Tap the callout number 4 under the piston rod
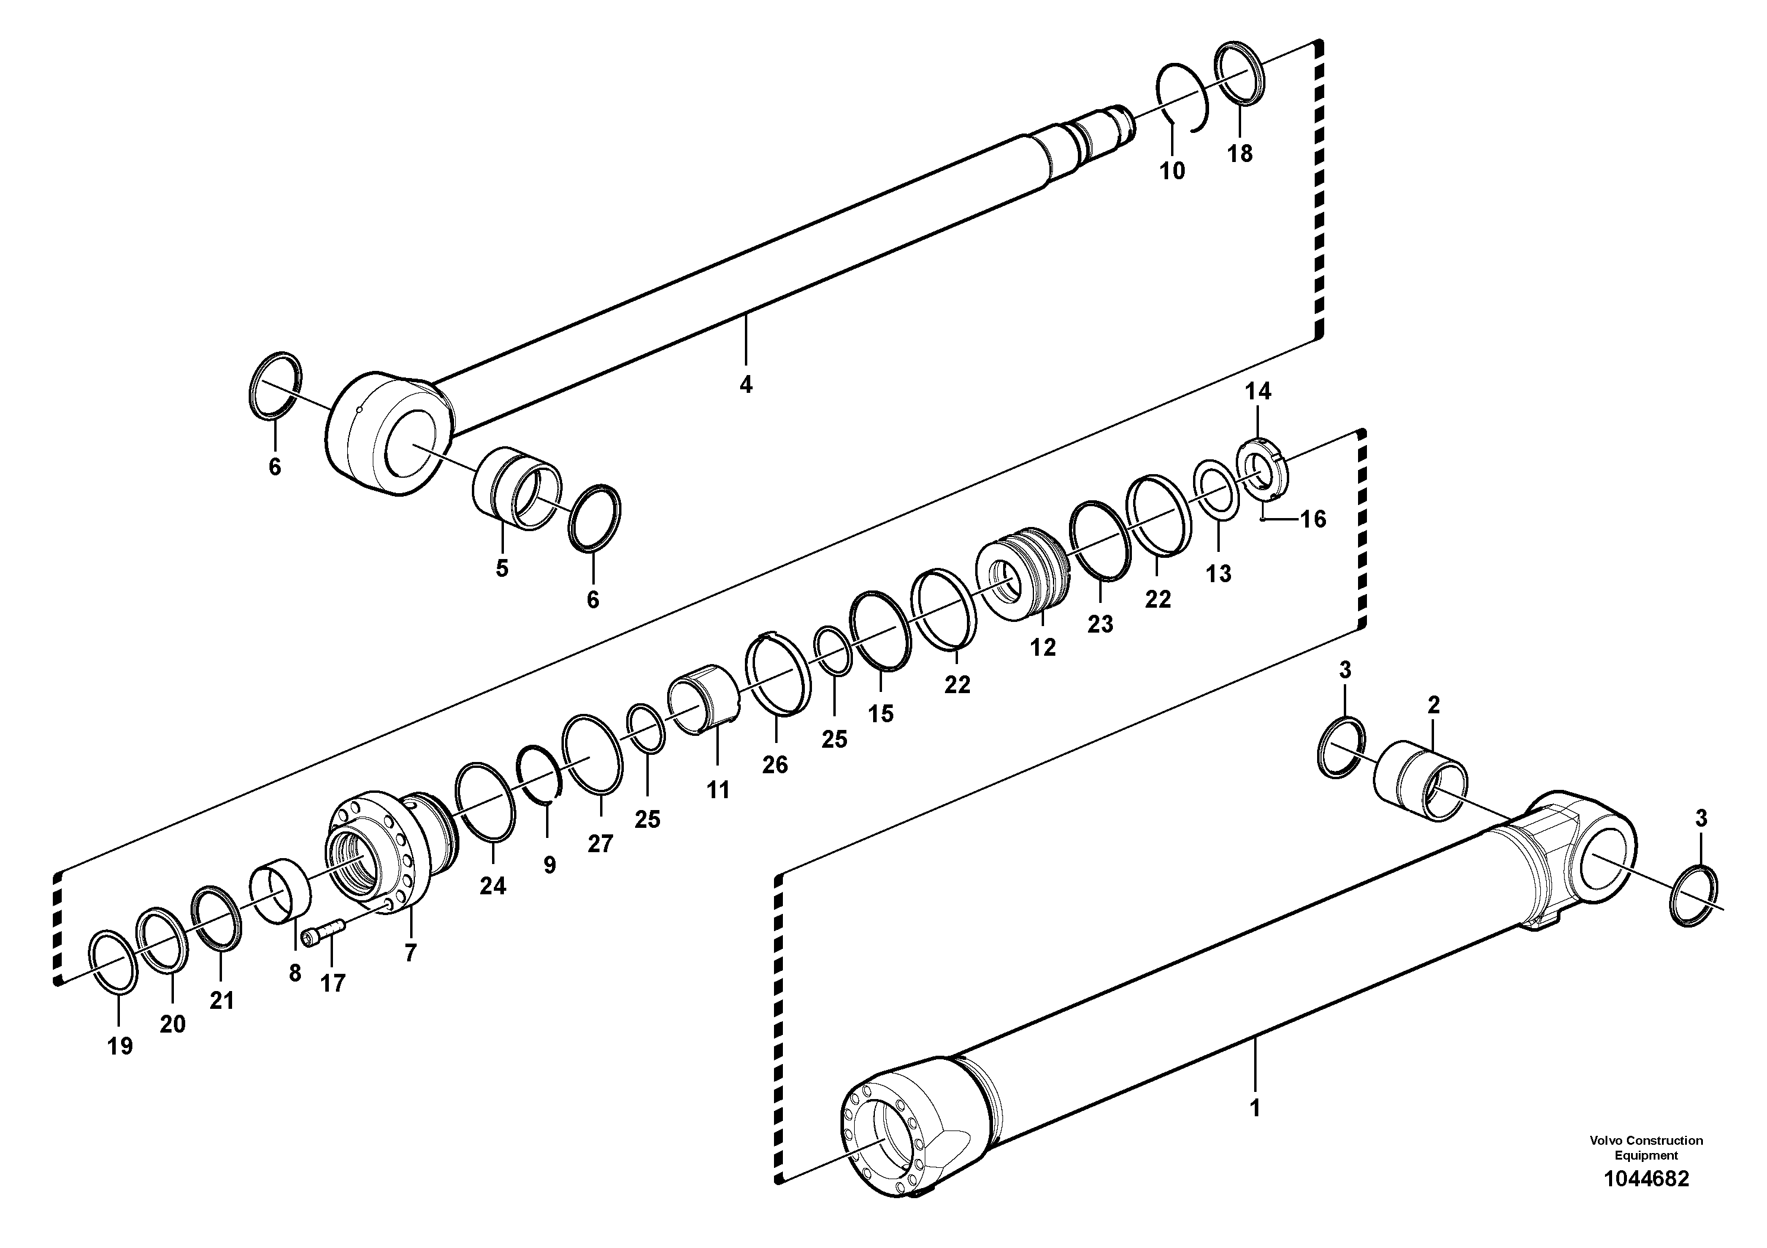745,384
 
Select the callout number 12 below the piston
1043,648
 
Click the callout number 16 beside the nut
1313,519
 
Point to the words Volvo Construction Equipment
1645,1147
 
